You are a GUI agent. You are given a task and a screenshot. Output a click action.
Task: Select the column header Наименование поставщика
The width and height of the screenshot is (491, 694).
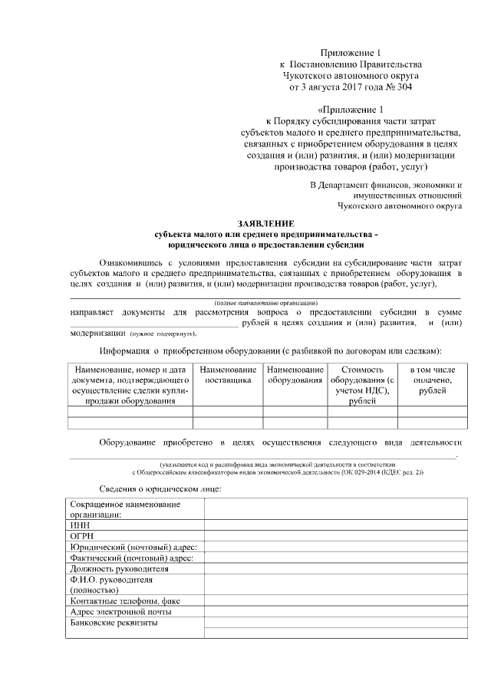(227, 375)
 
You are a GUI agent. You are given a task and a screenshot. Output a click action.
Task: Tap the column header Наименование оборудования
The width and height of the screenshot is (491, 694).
(295, 375)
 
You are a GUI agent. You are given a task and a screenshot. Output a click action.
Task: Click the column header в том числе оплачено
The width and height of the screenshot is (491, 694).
(431, 375)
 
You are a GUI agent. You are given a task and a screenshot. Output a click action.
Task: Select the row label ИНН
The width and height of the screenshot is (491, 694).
(80, 525)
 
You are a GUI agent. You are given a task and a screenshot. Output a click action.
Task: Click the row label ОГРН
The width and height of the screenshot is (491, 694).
(82, 536)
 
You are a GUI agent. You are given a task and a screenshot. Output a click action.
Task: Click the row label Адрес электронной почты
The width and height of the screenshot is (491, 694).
(120, 612)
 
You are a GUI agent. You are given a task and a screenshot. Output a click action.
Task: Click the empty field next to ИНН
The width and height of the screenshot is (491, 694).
(334, 525)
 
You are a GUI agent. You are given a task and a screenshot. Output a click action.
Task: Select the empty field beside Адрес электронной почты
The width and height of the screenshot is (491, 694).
(334, 612)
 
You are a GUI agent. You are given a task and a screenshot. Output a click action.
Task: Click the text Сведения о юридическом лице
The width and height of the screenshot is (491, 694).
(161, 488)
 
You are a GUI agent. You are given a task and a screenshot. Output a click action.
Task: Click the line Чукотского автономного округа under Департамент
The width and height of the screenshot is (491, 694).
(399, 206)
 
